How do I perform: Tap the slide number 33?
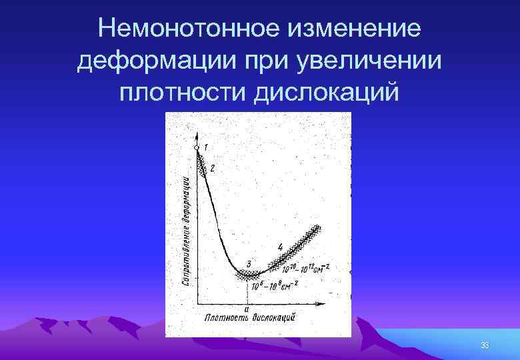pyautogui.click(x=485, y=345)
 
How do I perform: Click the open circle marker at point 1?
pyautogui.click(x=197, y=148)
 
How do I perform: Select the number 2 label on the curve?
pyautogui.click(x=212, y=169)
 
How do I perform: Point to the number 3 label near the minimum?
pyautogui.click(x=249, y=264)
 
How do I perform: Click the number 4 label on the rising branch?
pyautogui.click(x=281, y=246)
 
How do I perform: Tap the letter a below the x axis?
pyautogui.click(x=247, y=309)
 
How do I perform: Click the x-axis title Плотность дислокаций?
pyautogui.click(x=250, y=318)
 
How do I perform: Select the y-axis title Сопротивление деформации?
pyautogui.click(x=187, y=230)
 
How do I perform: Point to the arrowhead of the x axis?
pyautogui.click(x=323, y=304)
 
